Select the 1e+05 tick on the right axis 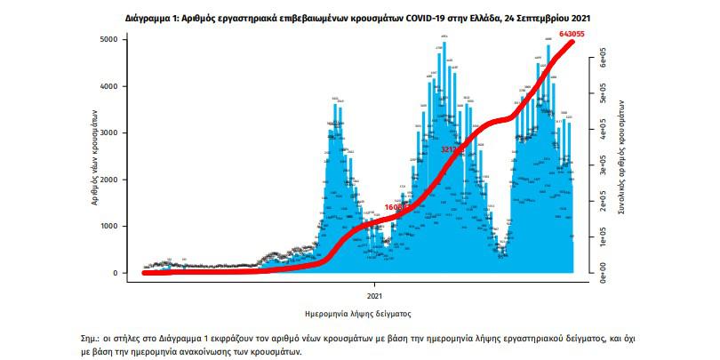(x=601, y=237)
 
